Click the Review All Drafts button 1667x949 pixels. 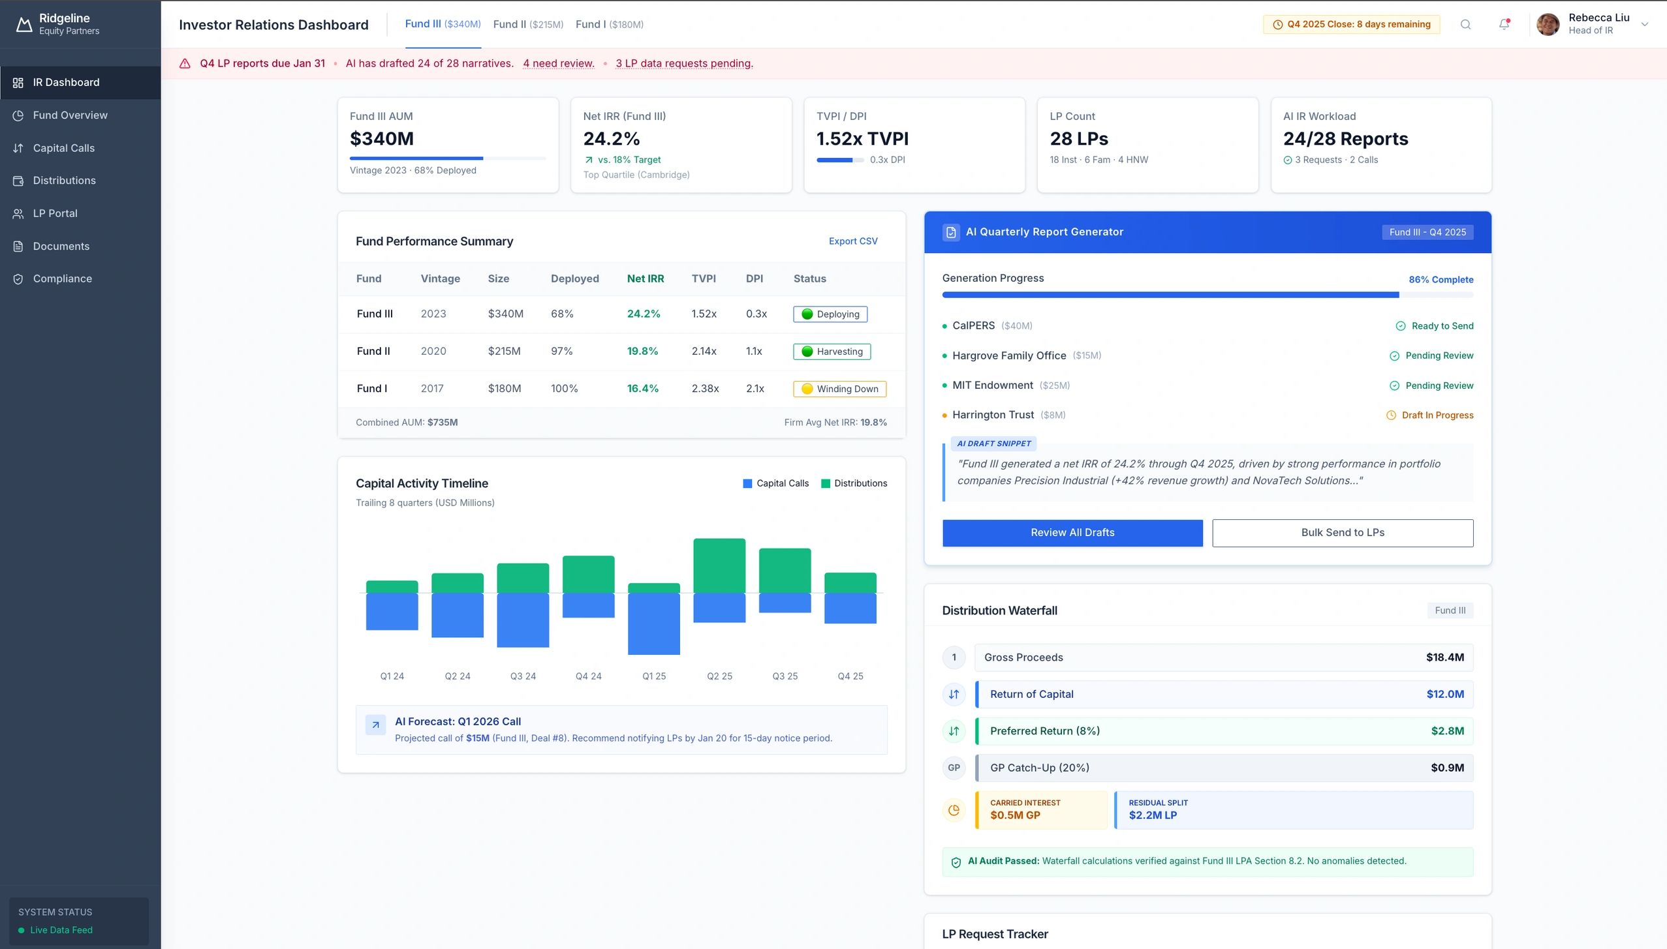pos(1072,532)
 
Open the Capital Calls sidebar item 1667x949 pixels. pos(63,148)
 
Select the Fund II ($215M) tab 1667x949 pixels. pos(527,24)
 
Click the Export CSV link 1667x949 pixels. pos(852,241)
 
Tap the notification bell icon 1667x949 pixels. pos(1504,24)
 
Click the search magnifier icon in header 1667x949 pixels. pos(1465,24)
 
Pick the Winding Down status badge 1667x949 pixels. pos(839,389)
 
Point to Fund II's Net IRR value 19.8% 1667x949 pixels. pos(642,351)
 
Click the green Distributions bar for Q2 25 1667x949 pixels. pos(719,565)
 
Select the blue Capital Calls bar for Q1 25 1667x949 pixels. pos(653,623)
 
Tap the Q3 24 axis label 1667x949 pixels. pos(523,676)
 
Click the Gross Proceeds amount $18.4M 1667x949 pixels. pos(1444,657)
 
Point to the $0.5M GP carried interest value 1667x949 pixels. pos(1015,815)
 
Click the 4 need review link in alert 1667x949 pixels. pos(558,63)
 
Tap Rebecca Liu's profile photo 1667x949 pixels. pos(1548,24)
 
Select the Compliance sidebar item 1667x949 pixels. pos(62,279)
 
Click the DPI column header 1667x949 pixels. pos(754,279)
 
